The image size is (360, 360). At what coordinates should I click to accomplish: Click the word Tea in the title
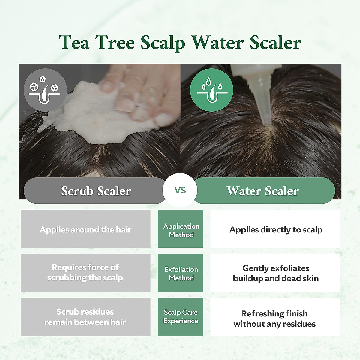(74, 42)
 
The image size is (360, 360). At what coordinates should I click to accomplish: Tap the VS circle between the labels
(180, 190)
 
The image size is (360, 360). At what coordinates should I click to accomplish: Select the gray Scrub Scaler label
(95, 191)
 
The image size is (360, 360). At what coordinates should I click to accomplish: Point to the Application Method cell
(181, 230)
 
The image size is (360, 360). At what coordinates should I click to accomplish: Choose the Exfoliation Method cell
(181, 273)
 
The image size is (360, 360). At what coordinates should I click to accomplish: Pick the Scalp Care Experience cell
(181, 316)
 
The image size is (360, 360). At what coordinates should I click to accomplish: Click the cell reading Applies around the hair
(85, 229)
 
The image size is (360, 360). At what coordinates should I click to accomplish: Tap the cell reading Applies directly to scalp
(275, 229)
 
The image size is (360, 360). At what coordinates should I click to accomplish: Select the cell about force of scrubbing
(85, 272)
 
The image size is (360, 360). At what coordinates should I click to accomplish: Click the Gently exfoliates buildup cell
(275, 273)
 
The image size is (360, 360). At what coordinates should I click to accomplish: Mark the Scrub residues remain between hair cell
(85, 316)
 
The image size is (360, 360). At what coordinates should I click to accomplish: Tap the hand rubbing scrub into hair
(141, 93)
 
